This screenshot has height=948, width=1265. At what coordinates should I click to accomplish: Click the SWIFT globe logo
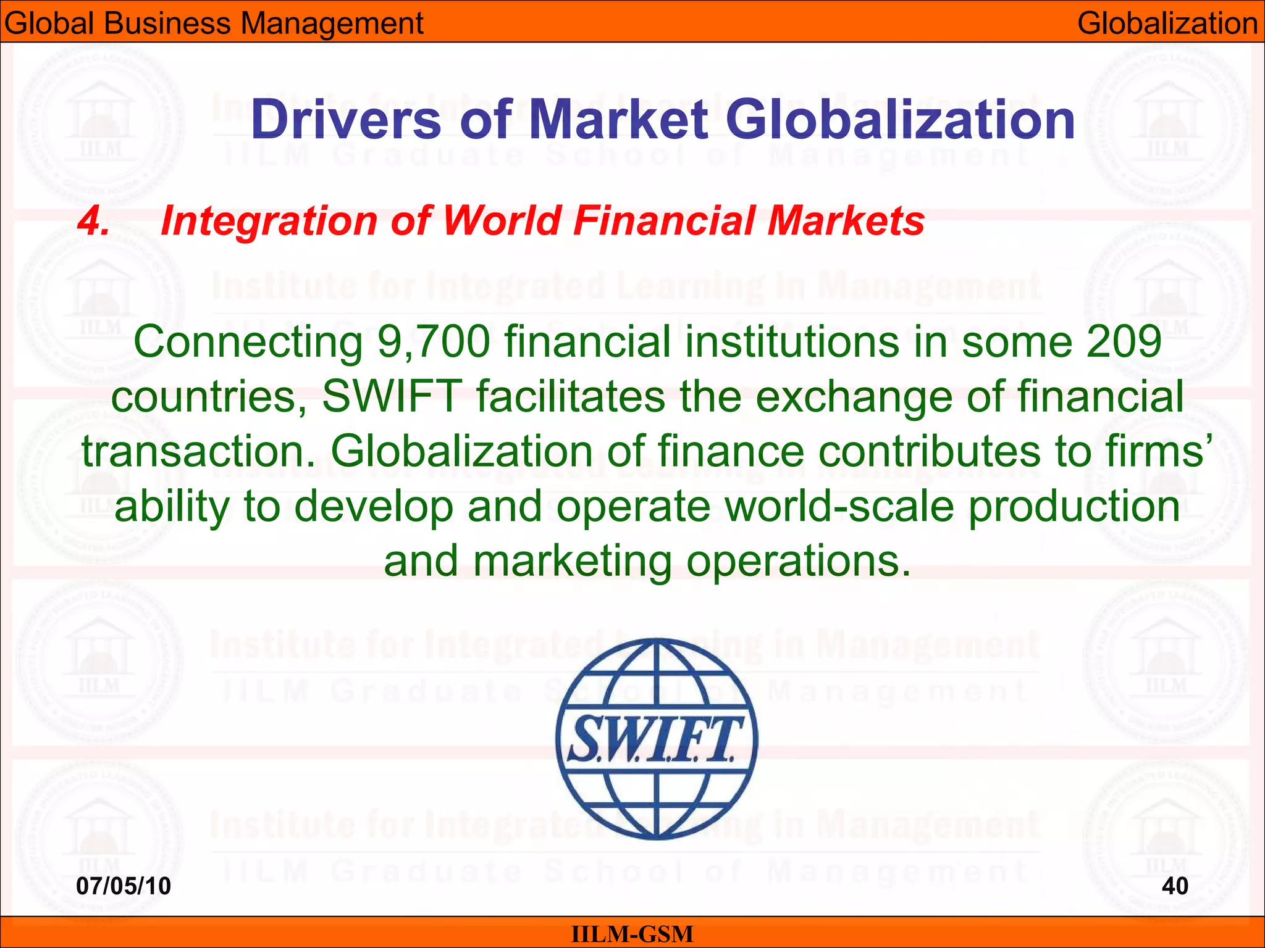click(x=657, y=738)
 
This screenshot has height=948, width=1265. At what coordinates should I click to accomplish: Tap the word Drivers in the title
click(x=346, y=120)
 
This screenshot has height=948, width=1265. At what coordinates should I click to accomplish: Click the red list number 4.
click(x=93, y=221)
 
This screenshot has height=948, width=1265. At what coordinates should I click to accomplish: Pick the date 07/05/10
click(x=124, y=886)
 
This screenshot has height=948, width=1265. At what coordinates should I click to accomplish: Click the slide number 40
click(x=1175, y=886)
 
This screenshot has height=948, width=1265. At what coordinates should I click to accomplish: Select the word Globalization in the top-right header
click(x=1167, y=23)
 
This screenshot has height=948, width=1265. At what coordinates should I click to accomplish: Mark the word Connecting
click(x=248, y=343)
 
